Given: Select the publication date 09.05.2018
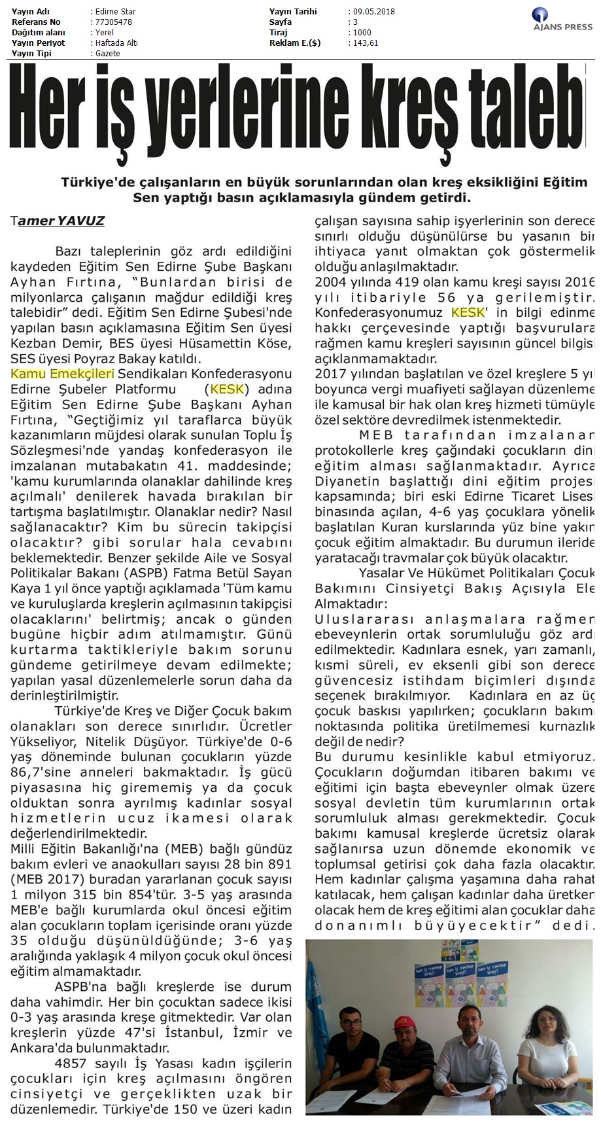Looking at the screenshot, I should (373, 12).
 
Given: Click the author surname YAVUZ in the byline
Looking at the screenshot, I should (81, 221).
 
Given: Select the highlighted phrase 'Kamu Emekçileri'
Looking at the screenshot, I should (63, 374).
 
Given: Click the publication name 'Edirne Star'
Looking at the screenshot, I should (116, 12).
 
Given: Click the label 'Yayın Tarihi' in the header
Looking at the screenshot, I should (293, 12).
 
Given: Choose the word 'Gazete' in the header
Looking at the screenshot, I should (108, 54).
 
